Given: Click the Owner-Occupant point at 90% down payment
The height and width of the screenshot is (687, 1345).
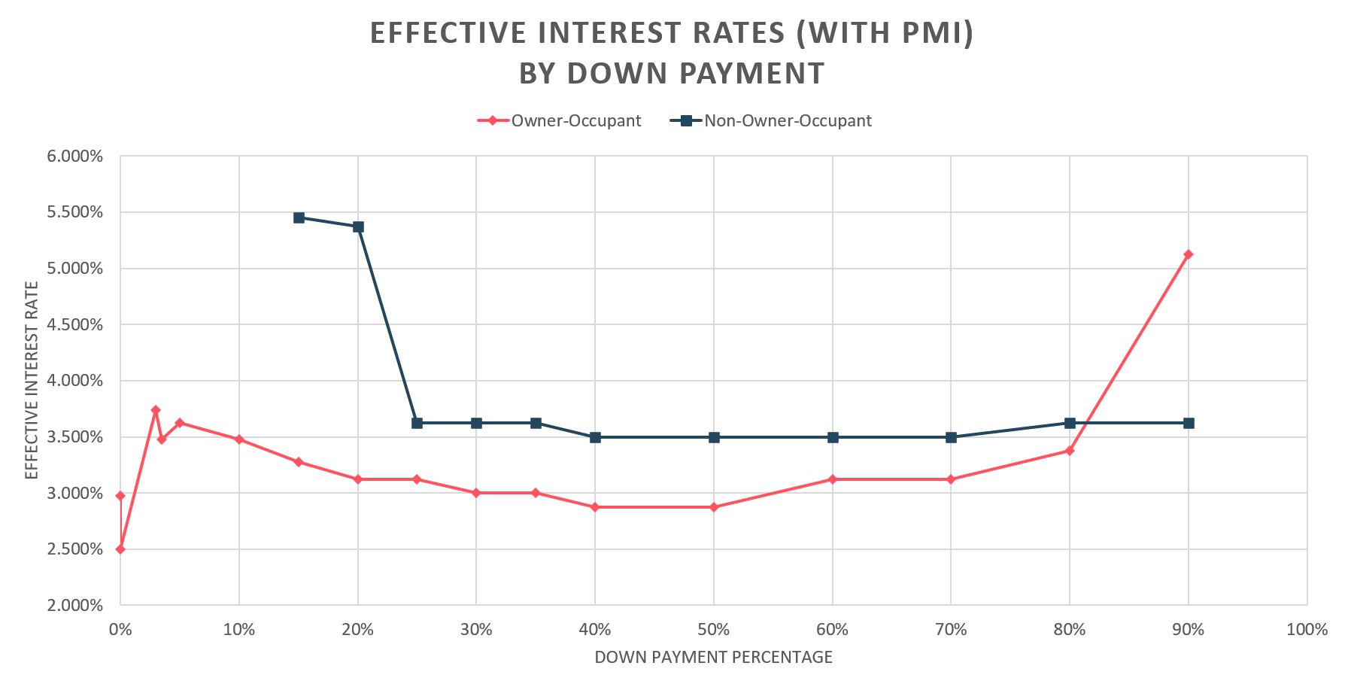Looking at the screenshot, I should point(1188,254).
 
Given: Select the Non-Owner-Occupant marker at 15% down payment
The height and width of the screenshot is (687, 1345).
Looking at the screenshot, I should point(299,217).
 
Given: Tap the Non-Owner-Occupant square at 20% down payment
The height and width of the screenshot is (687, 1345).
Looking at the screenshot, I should point(358,226).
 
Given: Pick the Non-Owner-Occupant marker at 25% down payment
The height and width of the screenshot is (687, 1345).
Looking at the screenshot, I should point(417,423).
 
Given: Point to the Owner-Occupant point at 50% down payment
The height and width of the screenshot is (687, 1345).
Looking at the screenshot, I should point(714,507).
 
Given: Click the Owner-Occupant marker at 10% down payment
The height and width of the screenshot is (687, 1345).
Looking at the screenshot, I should point(239,439).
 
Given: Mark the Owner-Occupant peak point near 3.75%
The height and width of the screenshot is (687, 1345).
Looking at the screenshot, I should point(155,410).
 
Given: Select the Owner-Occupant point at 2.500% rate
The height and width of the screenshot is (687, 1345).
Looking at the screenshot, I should point(120,549).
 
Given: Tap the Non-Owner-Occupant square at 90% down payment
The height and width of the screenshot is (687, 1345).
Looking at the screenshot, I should point(1188,423).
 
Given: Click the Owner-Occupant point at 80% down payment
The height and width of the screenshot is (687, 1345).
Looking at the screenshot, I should point(1069,451).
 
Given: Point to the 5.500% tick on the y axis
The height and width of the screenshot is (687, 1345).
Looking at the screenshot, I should point(75,212).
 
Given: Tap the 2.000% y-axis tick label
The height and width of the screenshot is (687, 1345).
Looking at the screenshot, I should point(75,605).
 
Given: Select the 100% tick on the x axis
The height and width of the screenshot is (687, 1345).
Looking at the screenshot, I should point(1307,629).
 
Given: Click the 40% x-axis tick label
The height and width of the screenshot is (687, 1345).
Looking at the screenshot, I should point(595,629).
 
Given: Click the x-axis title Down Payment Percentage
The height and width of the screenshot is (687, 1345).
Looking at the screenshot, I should point(713,657).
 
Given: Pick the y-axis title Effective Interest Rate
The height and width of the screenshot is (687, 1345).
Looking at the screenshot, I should point(31,380).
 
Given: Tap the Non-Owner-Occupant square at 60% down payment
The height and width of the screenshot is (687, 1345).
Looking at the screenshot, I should point(832,437).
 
